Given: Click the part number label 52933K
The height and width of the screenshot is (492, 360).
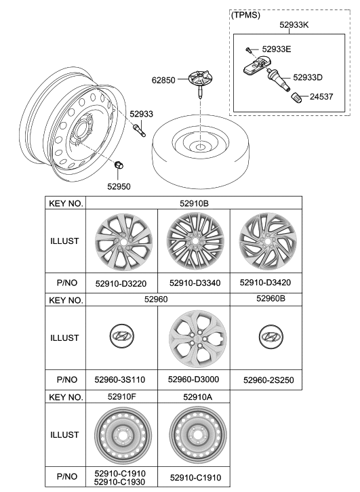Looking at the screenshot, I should [294, 25].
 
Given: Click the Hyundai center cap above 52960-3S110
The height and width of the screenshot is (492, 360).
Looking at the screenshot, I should [121, 337].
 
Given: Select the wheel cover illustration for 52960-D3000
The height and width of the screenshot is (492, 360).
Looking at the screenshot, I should [194, 337].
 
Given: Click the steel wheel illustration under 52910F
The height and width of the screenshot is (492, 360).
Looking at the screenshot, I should [121, 434].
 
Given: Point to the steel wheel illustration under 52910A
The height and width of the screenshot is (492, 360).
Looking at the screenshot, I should [194, 434].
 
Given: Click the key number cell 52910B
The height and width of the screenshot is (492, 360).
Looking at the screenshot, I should [194, 203].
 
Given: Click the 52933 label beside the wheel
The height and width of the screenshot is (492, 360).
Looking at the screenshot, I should [141, 115].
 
